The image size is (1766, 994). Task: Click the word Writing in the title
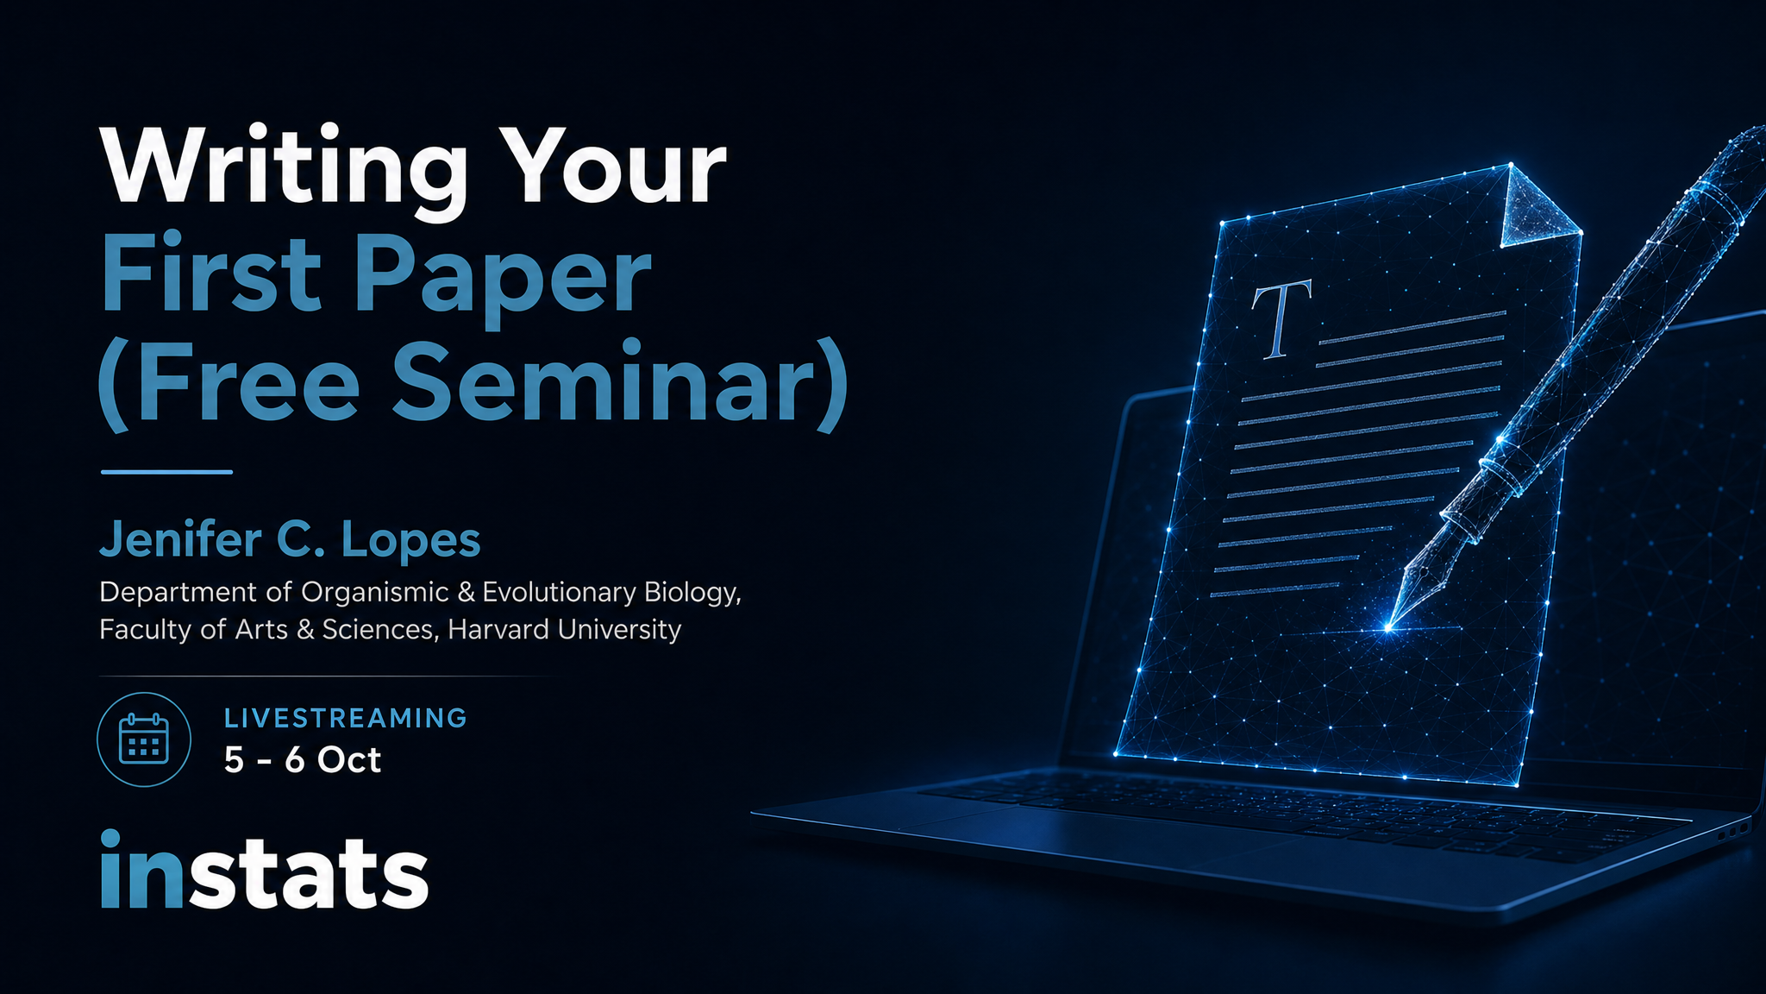[x=284, y=170]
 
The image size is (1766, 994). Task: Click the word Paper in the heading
[x=503, y=280]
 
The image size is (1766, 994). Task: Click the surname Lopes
[x=410, y=541]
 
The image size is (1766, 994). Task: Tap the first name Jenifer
[x=181, y=539]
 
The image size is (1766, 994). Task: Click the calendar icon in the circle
[x=144, y=739]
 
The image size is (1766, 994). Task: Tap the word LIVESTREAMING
[x=346, y=718]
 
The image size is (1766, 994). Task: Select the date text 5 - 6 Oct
[x=303, y=760]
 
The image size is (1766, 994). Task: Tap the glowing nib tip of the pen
[x=1387, y=627]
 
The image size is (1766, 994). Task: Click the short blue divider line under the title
[x=166, y=472]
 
